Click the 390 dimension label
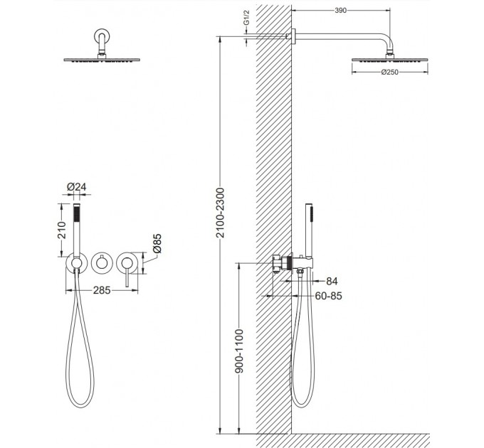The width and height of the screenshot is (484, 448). [340, 11]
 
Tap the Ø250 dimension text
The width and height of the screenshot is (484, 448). [389, 72]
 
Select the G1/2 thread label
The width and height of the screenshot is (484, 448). [246, 18]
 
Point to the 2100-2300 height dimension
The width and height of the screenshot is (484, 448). [221, 213]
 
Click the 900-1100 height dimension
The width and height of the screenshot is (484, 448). [239, 351]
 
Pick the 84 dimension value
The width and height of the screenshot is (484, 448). [332, 281]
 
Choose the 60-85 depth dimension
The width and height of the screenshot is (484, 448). [328, 296]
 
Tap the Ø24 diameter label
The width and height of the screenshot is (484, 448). [77, 187]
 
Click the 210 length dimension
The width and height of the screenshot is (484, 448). [62, 230]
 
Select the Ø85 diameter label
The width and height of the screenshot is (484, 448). [157, 244]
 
